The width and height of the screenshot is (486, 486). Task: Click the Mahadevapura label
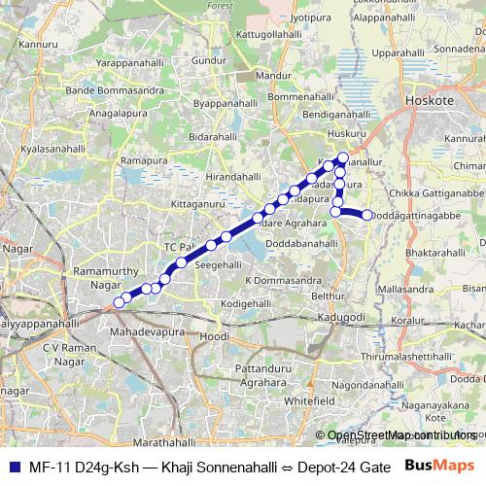tap(147, 332)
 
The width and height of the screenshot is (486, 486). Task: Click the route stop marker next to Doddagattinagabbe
tap(367, 215)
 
